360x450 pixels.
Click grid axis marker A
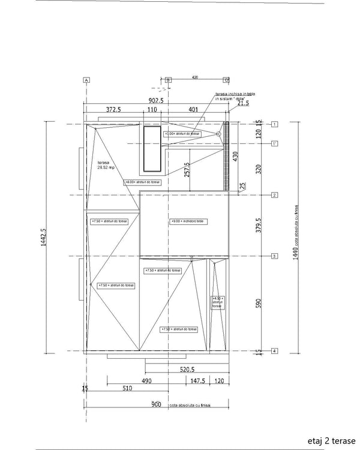tap(86, 80)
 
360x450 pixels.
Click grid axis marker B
tap(168, 80)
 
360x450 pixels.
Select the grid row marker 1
tap(274, 124)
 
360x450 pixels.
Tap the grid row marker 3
tap(274, 256)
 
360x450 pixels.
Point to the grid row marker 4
tap(274, 351)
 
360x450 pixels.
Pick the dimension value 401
tap(193, 110)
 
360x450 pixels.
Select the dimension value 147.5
tap(199, 381)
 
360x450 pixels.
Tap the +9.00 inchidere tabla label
tap(188, 221)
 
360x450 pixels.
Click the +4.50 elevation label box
tap(217, 302)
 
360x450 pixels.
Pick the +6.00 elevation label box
tap(142, 182)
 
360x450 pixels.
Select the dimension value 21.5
tap(242, 103)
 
